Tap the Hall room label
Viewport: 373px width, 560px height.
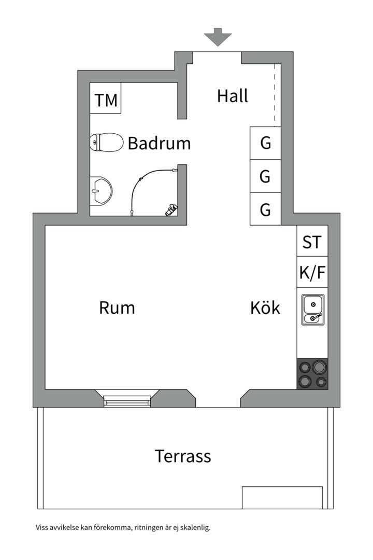(x=233, y=96)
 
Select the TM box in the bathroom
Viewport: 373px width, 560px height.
(x=105, y=98)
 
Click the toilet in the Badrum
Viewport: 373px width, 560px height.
(x=106, y=142)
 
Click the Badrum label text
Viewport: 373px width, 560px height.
(x=159, y=143)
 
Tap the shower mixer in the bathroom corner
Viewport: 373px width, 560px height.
(x=171, y=209)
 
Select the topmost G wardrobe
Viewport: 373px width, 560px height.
(x=265, y=143)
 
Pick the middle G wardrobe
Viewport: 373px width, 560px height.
(x=265, y=176)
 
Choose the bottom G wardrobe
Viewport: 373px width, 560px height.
(x=265, y=209)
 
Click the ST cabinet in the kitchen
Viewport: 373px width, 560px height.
(x=312, y=241)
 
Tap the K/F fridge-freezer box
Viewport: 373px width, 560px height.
(x=312, y=272)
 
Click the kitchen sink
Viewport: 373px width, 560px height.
(x=313, y=310)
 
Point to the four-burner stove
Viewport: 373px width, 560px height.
(x=312, y=373)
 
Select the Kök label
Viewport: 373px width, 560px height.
(x=265, y=307)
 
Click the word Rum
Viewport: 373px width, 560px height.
(x=117, y=308)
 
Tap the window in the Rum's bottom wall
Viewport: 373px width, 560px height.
(x=127, y=401)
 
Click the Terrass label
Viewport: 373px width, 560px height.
(x=183, y=456)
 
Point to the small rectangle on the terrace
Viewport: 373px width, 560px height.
(x=282, y=497)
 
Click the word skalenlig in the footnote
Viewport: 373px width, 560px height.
(x=195, y=527)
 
